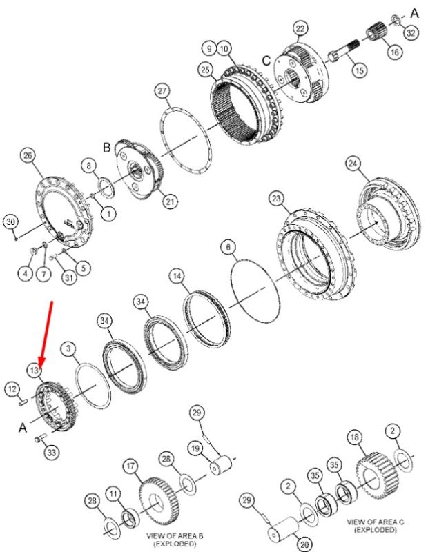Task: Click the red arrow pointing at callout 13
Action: pos(47,335)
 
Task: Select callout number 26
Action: pos(28,155)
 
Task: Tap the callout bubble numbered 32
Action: pos(411,32)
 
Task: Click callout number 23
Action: pos(276,199)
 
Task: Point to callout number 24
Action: pos(353,164)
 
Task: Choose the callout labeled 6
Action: pos(228,247)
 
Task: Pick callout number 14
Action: pos(177,276)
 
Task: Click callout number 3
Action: pos(68,349)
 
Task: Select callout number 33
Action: pos(52,453)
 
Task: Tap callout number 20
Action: pos(304,544)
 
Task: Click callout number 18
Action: pos(355,437)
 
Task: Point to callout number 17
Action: pos(130,466)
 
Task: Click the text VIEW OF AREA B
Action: pos(175,536)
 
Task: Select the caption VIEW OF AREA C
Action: pos(376,522)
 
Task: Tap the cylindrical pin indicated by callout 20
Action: pos(283,527)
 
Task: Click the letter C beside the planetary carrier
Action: pos(266,61)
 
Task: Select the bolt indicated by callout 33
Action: pos(40,438)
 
